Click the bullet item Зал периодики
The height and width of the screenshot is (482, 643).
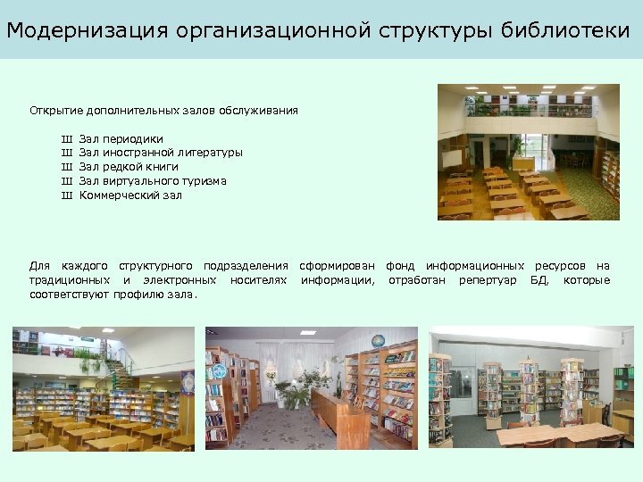tap(121, 138)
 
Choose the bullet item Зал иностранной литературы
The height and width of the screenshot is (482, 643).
tap(161, 153)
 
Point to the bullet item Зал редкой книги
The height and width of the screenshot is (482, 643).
tap(129, 167)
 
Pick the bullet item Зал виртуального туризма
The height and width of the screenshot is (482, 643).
tap(153, 181)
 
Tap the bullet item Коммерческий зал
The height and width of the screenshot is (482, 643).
tap(130, 195)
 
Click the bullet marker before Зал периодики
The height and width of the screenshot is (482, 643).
tap(65, 138)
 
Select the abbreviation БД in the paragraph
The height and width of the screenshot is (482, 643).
tap(539, 280)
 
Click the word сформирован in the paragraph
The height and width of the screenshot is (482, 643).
tap(338, 266)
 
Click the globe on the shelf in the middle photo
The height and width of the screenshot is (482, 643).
tap(378, 341)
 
